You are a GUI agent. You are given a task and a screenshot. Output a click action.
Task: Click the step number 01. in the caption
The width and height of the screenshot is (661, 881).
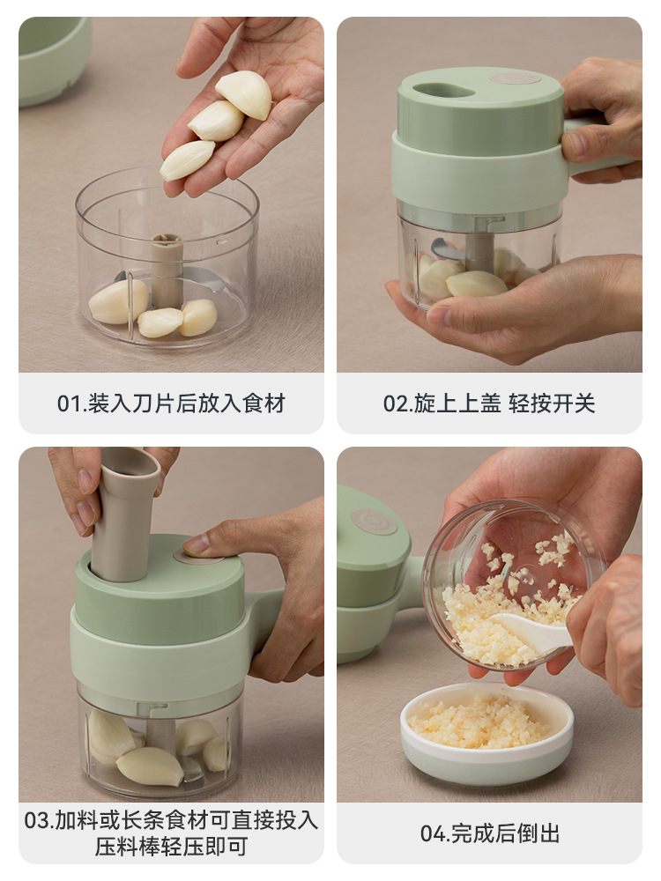[71, 403]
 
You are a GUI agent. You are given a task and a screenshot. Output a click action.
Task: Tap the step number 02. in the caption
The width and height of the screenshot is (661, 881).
[398, 403]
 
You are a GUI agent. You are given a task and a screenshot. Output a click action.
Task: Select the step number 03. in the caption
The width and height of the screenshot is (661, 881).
[38, 820]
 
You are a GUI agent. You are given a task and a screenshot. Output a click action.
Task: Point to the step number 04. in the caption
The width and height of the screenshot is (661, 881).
[435, 833]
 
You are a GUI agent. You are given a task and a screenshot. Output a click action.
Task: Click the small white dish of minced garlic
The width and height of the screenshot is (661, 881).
[486, 735]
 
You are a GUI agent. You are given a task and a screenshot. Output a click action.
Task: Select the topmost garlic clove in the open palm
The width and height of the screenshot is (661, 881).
[244, 94]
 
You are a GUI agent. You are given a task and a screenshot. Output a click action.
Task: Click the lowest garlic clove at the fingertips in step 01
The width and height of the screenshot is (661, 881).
[187, 159]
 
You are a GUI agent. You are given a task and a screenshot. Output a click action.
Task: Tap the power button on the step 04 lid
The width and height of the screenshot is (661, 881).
[373, 521]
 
